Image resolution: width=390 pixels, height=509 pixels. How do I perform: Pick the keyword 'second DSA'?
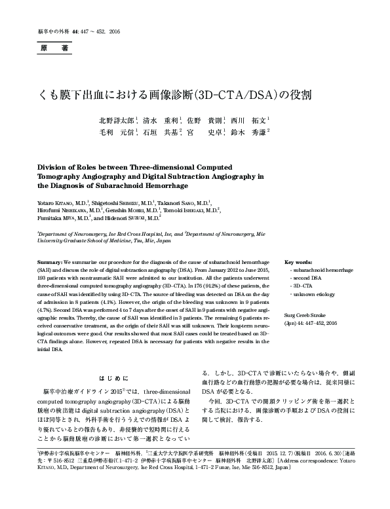[x=305, y=278]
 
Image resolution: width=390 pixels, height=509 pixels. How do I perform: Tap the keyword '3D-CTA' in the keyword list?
[x=302, y=287]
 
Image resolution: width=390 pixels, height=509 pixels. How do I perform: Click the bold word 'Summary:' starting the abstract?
[x=50, y=261]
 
